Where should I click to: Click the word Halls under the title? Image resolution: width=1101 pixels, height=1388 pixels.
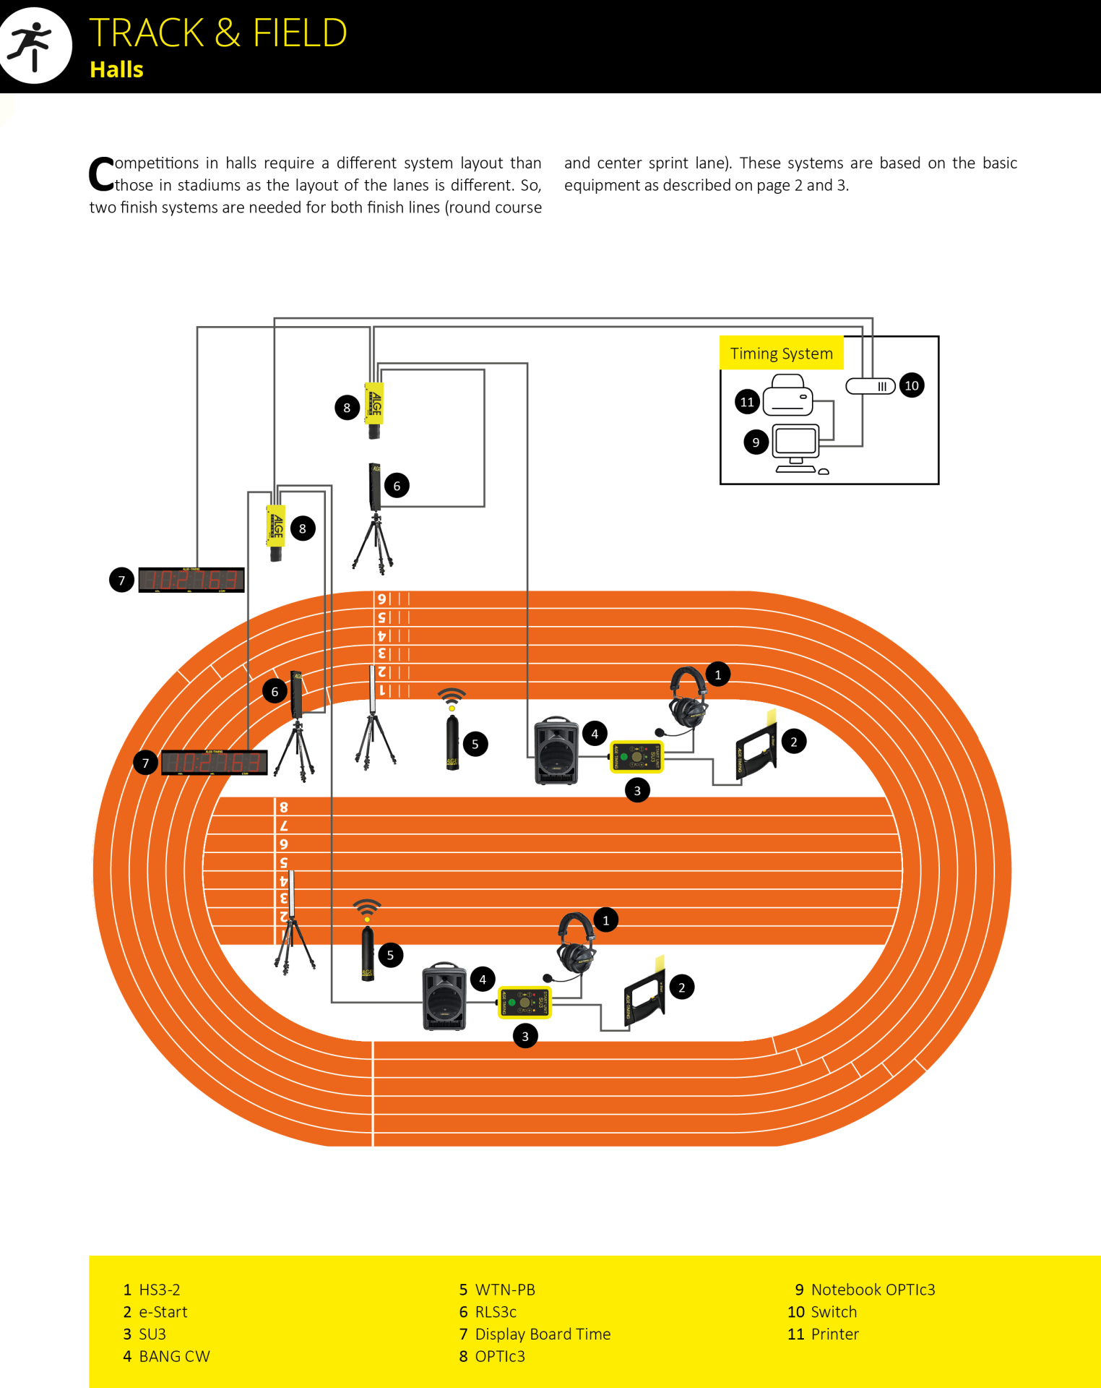pyautogui.click(x=116, y=69)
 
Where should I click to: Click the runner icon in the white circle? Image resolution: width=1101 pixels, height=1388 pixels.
pyautogui.click(x=33, y=45)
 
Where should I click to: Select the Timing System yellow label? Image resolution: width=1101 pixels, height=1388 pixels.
pyautogui.click(x=781, y=353)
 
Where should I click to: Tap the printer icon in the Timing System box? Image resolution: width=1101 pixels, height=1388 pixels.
pyautogui.click(x=787, y=395)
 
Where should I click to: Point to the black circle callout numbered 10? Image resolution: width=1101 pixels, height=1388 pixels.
pyautogui.click(x=912, y=385)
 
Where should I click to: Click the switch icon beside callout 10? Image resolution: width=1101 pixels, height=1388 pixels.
pyautogui.click(x=871, y=386)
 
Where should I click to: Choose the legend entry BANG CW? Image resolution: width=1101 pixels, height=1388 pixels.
pyautogui.click(x=173, y=1356)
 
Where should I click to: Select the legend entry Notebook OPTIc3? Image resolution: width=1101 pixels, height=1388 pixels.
pyautogui.click(x=872, y=1290)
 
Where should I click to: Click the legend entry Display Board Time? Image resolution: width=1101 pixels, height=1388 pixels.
pyautogui.click(x=542, y=1334)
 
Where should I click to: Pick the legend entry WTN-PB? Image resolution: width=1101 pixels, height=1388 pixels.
pyautogui.click(x=504, y=1290)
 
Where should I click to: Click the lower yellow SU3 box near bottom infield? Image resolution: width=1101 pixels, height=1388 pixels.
pyautogui.click(x=524, y=1002)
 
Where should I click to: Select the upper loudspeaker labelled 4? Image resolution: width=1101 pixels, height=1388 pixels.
pyautogui.click(x=556, y=751)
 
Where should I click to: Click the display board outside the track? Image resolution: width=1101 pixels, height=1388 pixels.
pyautogui.click(x=191, y=580)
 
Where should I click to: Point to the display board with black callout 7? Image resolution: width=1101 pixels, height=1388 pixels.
pyautogui.click(x=214, y=763)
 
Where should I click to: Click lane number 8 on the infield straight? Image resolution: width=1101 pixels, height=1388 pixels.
pyautogui.click(x=284, y=807)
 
